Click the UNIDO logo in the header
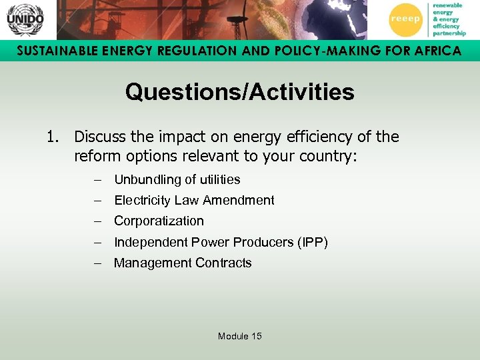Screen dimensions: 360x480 point(25,19)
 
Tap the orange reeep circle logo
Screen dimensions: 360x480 point(405,19)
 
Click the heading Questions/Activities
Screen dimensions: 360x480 point(239,92)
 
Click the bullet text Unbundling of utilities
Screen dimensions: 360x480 point(177,179)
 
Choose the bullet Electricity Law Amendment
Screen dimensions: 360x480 point(194,200)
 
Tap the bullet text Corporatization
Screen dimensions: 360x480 point(159,221)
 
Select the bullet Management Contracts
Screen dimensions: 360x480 point(183,263)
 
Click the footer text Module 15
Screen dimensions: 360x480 point(239,336)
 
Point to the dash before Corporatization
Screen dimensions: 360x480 point(98,221)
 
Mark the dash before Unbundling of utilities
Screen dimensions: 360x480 point(98,179)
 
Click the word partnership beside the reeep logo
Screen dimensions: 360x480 point(449,33)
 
